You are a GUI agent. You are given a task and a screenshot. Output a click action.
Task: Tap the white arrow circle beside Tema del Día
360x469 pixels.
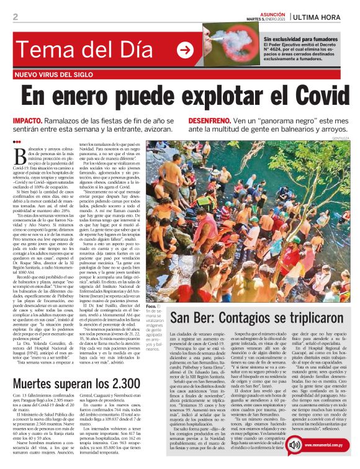tap(184, 50)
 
